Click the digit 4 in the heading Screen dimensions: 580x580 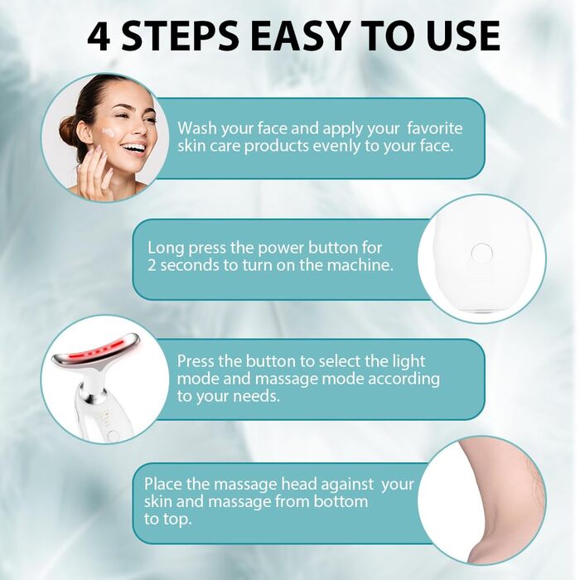(99, 36)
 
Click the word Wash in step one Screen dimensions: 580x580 (197, 128)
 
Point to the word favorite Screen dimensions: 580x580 (435, 128)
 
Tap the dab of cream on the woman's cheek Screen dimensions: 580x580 (108, 131)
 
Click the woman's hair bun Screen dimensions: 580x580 (69, 130)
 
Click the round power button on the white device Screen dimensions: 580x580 (482, 253)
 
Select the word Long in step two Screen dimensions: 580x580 (166, 249)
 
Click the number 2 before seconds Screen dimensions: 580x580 (152, 265)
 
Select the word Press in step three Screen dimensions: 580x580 (196, 361)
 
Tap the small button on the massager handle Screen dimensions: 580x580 (114, 435)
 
